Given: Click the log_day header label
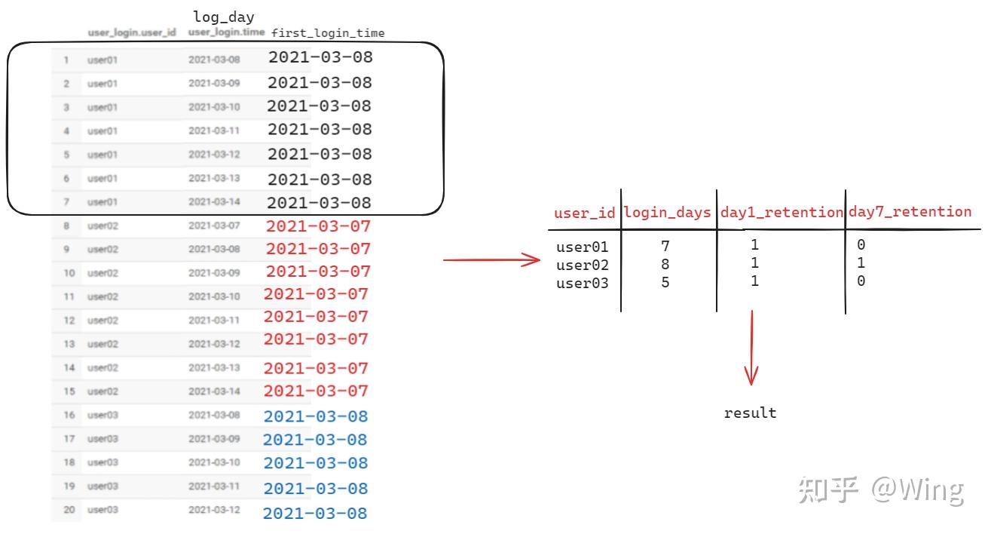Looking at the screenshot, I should [x=224, y=17].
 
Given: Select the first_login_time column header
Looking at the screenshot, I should [x=328, y=33].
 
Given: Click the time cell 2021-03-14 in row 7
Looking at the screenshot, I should [x=214, y=202].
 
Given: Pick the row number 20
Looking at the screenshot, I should [x=69, y=510].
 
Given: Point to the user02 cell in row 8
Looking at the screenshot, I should [x=102, y=226].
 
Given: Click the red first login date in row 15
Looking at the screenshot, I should [x=317, y=391].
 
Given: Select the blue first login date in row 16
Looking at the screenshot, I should [x=315, y=416].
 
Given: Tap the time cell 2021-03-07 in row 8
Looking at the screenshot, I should [x=214, y=226].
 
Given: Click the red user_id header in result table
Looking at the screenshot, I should [x=585, y=213].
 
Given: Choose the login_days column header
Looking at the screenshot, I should [x=668, y=213].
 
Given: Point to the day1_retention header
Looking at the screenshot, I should [x=782, y=213].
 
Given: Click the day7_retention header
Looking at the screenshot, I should [x=910, y=212].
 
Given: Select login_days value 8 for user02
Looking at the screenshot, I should [x=665, y=265].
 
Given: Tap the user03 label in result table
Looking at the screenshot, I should [x=582, y=283].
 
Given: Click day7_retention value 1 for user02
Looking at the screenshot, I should [x=861, y=263].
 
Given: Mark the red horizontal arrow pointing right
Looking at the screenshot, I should [x=491, y=261].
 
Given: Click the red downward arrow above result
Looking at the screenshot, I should [x=751, y=347].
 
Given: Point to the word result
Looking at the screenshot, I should [x=750, y=413].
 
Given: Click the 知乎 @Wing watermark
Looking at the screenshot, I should [x=880, y=490].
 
